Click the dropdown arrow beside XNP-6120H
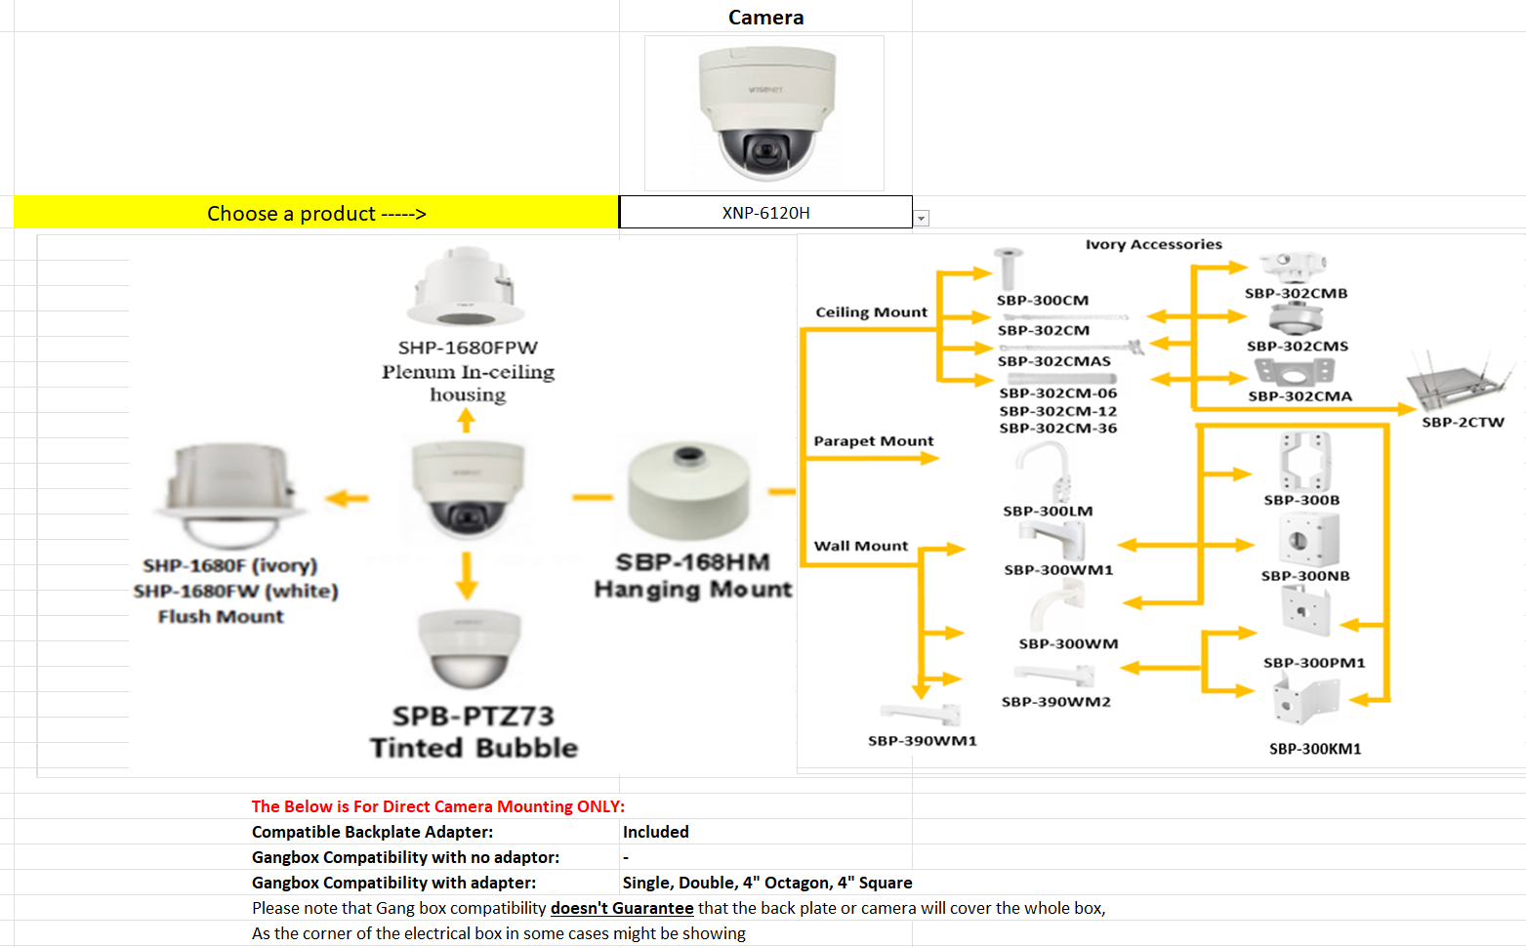[x=922, y=219]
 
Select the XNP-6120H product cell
[x=765, y=213]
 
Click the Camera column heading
[x=765, y=18]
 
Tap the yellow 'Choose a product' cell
[x=316, y=213]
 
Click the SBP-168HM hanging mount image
[x=689, y=493]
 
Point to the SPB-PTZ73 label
[x=474, y=717]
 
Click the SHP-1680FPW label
[x=468, y=348]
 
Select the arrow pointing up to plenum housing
[x=467, y=421]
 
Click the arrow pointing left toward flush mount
[x=347, y=499]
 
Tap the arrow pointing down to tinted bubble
[x=467, y=576]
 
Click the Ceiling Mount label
[x=871, y=312]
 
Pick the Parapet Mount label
[x=873, y=441]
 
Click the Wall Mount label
[x=861, y=546]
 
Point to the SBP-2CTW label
[x=1463, y=423]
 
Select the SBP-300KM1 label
[x=1314, y=749]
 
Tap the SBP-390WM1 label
[x=922, y=741]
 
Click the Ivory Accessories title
[x=1153, y=244]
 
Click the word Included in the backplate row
[x=655, y=832]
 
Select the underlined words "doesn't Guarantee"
[x=622, y=908]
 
